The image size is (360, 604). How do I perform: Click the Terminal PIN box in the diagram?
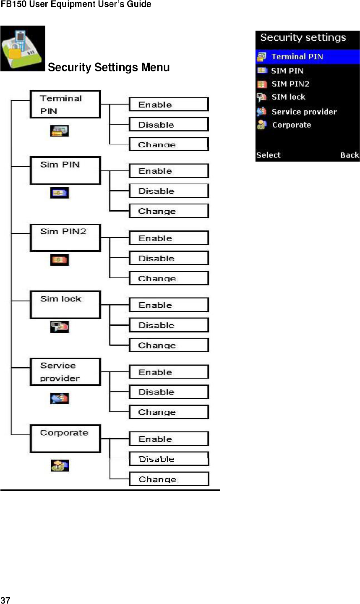pyautogui.click(x=65, y=105)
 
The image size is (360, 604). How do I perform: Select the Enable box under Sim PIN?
pyautogui.click(x=168, y=171)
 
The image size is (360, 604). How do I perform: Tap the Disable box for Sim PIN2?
pyautogui.click(x=168, y=258)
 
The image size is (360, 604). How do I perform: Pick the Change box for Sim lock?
pyautogui.click(x=168, y=345)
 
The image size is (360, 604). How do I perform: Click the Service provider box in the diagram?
pyautogui.click(x=65, y=372)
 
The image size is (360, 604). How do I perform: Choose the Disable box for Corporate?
pyautogui.click(x=168, y=459)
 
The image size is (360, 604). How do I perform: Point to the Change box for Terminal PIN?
pyautogui.click(x=168, y=144)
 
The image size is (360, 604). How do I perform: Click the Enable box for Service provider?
pyautogui.click(x=168, y=372)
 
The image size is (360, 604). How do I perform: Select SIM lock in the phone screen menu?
pyautogui.click(x=288, y=97)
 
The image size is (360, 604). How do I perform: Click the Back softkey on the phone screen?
pyautogui.click(x=349, y=155)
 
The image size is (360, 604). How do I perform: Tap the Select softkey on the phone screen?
pyautogui.click(x=269, y=155)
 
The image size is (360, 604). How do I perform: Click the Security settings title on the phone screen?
pyautogui.click(x=303, y=38)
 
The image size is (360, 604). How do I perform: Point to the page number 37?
pyautogui.click(x=5, y=600)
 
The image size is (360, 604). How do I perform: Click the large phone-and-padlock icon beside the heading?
pyautogui.click(x=23, y=49)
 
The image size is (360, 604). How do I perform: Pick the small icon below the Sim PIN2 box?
pyautogui.click(x=60, y=260)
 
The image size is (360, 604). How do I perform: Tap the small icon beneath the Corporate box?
pyautogui.click(x=60, y=465)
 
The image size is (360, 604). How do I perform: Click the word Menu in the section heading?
pyautogui.click(x=155, y=68)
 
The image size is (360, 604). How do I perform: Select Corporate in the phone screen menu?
pyautogui.click(x=291, y=125)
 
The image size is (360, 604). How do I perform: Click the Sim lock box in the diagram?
pyautogui.click(x=65, y=305)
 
